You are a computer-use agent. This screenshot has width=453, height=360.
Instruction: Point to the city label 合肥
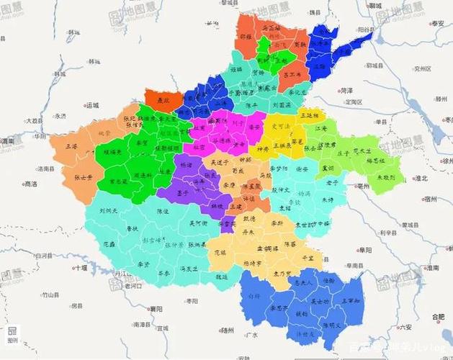coord(436,317)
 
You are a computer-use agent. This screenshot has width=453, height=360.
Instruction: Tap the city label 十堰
coord(79,268)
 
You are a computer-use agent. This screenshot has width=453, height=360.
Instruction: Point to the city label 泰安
coord(437,24)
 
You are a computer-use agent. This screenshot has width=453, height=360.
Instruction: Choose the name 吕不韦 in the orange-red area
coord(292,74)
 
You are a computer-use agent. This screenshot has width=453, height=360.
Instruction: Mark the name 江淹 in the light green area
coord(321,128)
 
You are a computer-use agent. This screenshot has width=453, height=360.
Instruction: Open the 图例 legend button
coord(12,335)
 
